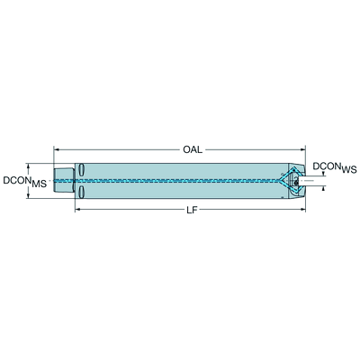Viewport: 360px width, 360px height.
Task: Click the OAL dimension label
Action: click(x=193, y=149)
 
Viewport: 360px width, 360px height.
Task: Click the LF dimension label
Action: click(x=192, y=211)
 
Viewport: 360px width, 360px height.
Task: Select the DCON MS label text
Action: click(x=25, y=182)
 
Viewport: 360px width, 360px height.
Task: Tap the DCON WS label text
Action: click(x=335, y=167)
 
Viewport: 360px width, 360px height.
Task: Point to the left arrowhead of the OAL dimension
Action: click(x=56, y=149)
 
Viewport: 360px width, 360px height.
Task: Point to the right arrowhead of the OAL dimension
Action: click(x=302, y=149)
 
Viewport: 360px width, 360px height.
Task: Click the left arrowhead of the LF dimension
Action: click(x=77, y=210)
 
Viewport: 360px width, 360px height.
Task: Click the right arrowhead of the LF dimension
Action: click(x=302, y=210)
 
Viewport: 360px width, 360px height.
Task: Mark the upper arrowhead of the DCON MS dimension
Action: click(x=29, y=166)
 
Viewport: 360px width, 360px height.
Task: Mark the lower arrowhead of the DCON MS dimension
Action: click(x=29, y=195)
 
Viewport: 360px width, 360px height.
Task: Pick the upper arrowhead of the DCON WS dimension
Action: click(x=323, y=174)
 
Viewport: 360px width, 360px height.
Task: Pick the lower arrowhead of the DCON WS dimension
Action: click(x=323, y=188)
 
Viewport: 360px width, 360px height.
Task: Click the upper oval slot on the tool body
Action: click(x=81, y=170)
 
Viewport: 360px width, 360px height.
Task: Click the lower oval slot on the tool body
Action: click(x=81, y=192)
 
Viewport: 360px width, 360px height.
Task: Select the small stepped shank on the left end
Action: click(x=64, y=180)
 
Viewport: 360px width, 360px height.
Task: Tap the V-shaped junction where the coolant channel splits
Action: click(x=279, y=181)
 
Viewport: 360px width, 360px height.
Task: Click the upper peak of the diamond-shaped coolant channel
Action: click(x=292, y=169)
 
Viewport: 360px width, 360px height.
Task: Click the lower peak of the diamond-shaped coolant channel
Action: click(x=292, y=192)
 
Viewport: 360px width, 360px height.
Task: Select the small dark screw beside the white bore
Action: click(x=296, y=182)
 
